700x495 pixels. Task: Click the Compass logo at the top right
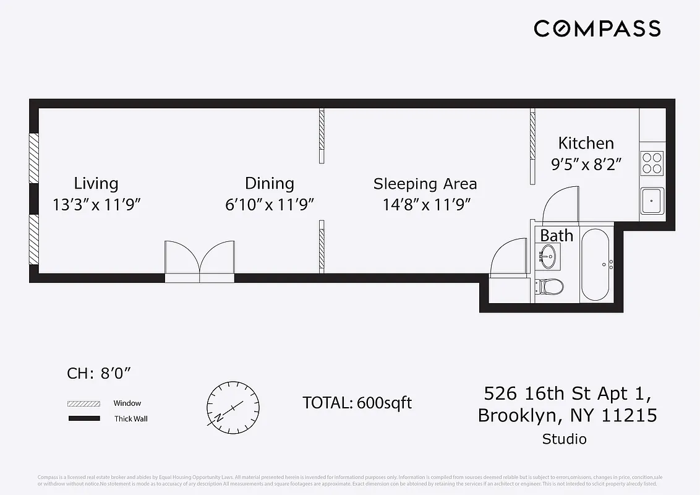pos(597,28)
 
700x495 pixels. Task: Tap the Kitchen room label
pos(586,144)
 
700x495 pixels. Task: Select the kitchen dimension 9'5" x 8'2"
pos(586,165)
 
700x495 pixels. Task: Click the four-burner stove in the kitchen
pos(652,162)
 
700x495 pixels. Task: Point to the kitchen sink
pos(652,200)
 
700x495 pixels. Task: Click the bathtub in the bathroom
pos(596,265)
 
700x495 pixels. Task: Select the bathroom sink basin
pos(548,254)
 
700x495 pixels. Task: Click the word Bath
pos(557,236)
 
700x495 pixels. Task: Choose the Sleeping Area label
pos(425,184)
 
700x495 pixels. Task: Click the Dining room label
pos(269,183)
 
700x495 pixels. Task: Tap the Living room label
pos(96,183)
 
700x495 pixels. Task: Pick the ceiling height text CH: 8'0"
pos(99,374)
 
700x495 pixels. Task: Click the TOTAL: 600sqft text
pos(357,403)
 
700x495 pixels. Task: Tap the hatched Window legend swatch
pos(83,403)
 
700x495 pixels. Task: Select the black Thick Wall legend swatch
pos(83,419)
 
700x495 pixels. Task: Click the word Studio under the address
pos(564,439)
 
